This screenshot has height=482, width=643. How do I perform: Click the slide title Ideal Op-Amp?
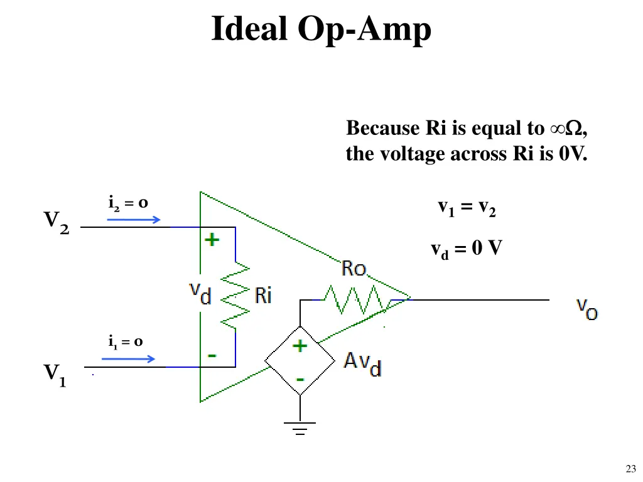[321, 29]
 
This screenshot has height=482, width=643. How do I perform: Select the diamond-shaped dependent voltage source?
[300, 361]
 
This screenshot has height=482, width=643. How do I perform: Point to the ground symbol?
[300, 428]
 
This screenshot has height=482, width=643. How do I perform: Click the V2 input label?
[57, 222]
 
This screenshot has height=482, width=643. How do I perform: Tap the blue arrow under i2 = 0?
[131, 220]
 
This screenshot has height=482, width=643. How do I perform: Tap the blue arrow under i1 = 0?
[128, 359]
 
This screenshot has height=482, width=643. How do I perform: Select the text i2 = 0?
[128, 203]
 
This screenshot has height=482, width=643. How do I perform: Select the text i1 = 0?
[126, 342]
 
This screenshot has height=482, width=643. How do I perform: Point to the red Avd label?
[362, 363]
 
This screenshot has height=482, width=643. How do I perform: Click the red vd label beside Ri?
[200, 293]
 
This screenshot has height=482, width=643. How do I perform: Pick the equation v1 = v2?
[467, 208]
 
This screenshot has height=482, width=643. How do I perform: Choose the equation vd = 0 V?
[466, 250]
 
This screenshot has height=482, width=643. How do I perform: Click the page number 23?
[631, 468]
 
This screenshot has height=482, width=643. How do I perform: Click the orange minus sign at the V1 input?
[213, 356]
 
